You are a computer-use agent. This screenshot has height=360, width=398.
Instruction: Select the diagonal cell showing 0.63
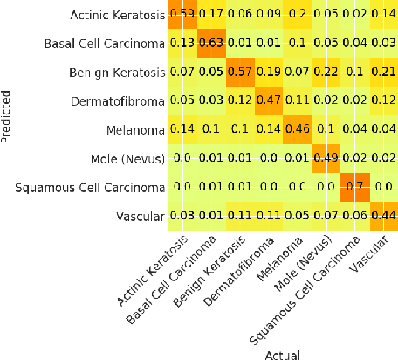pos(236,42)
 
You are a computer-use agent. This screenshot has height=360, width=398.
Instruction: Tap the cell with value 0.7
pos(356,187)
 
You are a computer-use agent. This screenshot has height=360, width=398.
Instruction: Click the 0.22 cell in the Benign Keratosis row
pos(326,72)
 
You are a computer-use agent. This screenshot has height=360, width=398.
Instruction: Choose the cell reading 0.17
pos(236,15)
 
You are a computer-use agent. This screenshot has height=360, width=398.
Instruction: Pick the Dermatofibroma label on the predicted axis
pos(141,100)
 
